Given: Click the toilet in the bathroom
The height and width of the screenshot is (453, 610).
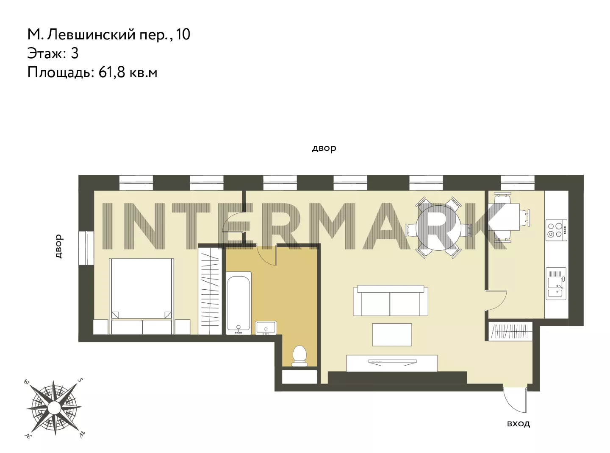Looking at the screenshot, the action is pos(299,356).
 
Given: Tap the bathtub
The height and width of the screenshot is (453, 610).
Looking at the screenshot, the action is pos(238,303).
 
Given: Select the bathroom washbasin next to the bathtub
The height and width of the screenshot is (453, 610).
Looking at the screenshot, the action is pos(266,328).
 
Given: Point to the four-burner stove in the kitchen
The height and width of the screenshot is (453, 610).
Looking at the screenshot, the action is pos(556,230).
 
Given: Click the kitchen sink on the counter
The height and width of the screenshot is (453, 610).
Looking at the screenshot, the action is pos(556,283).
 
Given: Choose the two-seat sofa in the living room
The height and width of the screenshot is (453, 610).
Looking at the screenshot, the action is pos(391,300).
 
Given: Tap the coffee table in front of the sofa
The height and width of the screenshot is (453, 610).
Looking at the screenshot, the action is pos(392,335).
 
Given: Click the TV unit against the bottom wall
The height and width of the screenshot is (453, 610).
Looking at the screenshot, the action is pos(392,363).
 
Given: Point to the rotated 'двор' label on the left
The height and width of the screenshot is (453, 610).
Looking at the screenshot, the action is pos(59,246).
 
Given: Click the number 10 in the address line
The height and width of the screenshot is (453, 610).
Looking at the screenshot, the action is pos(183,35).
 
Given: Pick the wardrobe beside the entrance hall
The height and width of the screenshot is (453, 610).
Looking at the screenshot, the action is pos(510,331).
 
